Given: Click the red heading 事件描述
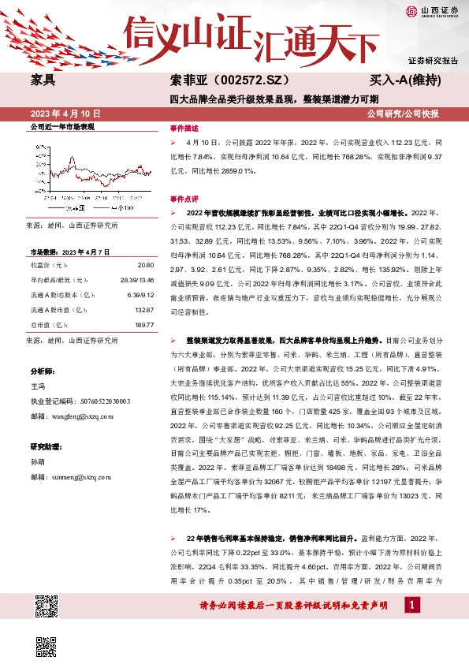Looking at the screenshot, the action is pyautogui.click(x=184, y=127).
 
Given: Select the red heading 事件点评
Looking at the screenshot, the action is pyautogui.click(x=184, y=199).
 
